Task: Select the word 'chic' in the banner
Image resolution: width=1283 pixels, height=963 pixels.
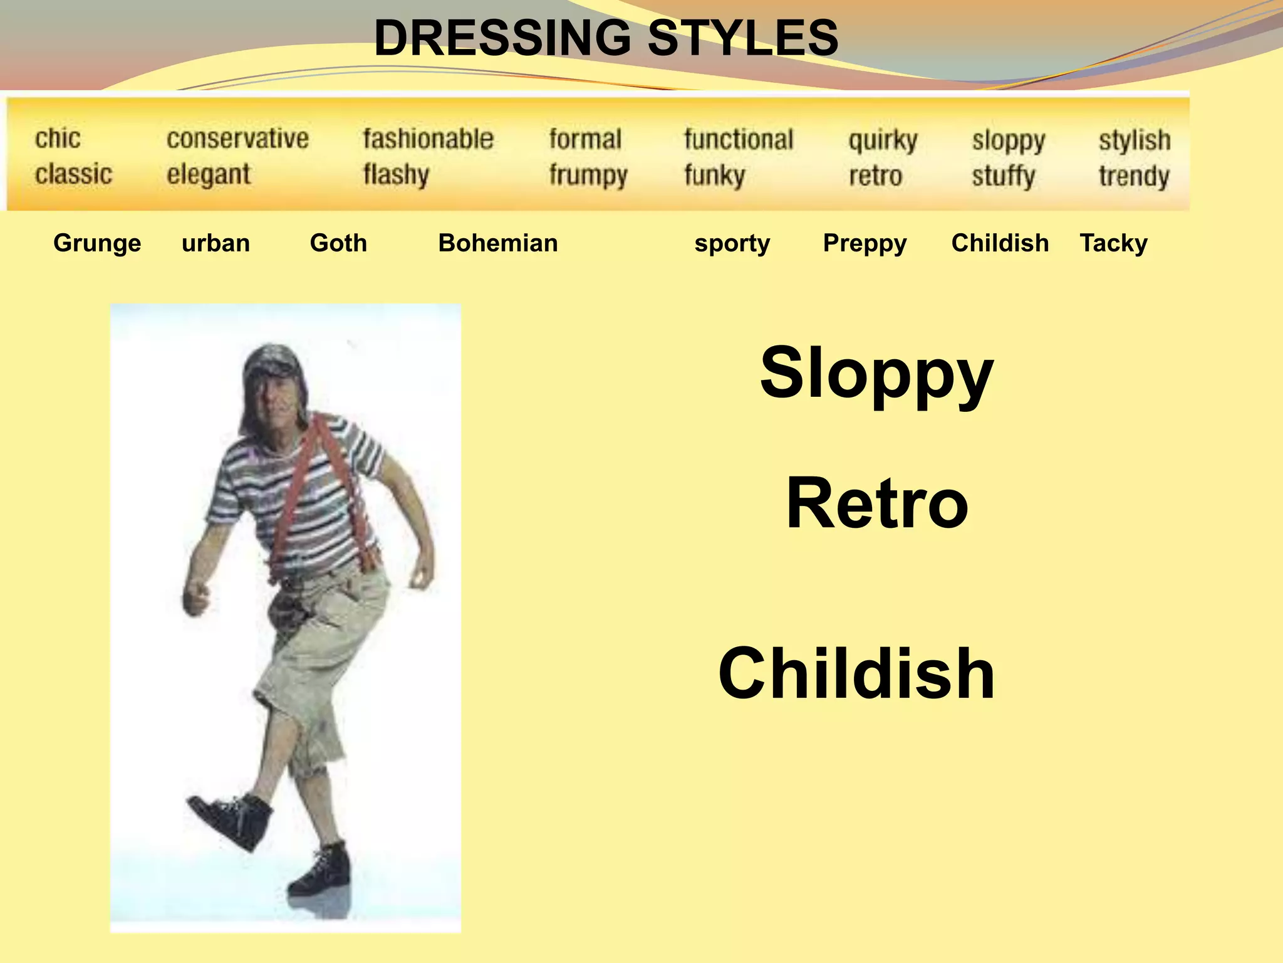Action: point(58,139)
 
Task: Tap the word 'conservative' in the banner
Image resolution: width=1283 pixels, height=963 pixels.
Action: point(237,139)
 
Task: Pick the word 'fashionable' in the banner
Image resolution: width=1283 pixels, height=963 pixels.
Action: point(428,139)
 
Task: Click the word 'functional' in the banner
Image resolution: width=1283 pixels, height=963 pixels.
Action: point(739,139)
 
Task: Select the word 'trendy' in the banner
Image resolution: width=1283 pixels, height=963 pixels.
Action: point(1134,176)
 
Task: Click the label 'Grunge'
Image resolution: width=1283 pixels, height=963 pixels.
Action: point(97,243)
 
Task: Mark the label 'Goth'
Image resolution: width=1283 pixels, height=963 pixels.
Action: point(338,243)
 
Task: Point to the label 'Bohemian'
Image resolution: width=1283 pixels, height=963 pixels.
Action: point(498,243)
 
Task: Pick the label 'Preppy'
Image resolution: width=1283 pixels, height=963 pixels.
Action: point(865,243)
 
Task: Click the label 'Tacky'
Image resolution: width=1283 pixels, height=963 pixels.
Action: point(1113,243)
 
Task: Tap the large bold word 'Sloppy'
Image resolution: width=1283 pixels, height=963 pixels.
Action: point(876,374)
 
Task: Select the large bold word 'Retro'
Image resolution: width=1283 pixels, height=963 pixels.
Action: point(877,503)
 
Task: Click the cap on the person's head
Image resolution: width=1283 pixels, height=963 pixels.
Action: point(271,360)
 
